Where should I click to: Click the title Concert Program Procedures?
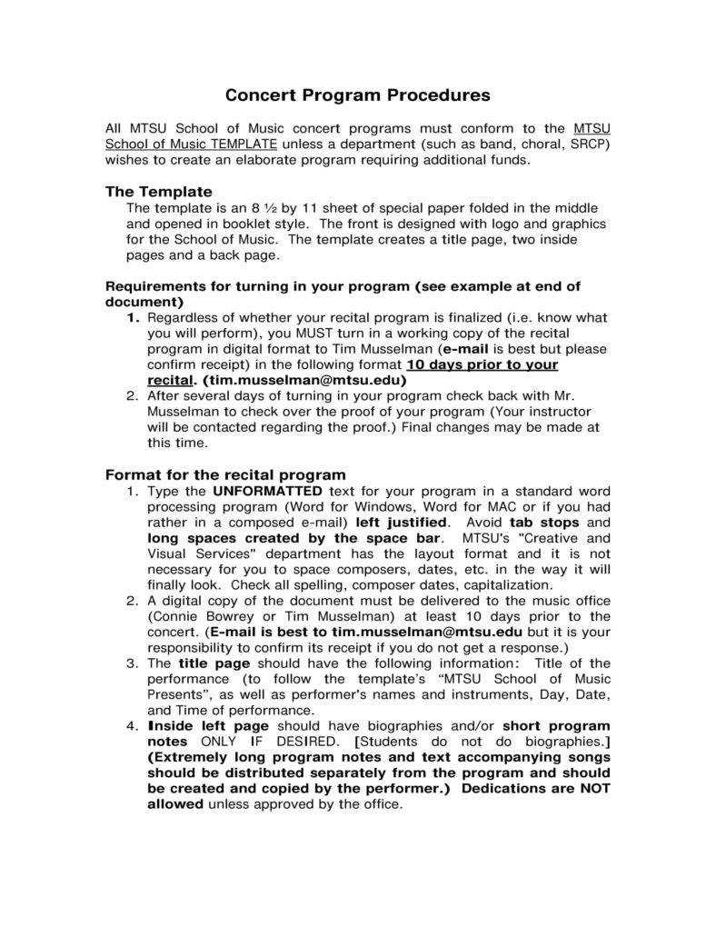(x=357, y=95)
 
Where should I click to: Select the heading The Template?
(x=158, y=192)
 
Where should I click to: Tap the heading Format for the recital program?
(x=225, y=474)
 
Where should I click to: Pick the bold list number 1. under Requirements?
(x=133, y=318)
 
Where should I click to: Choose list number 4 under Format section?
(x=133, y=726)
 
